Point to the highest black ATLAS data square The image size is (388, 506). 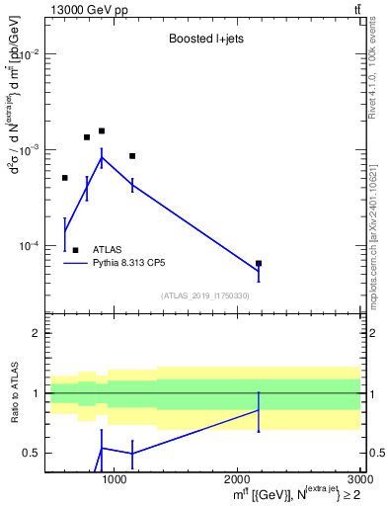pos(102,130)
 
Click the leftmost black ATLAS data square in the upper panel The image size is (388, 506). pos(65,178)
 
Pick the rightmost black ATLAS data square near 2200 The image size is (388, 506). pos(259,264)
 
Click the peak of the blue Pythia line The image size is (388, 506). pos(102,157)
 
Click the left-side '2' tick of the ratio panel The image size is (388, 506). pos(35,334)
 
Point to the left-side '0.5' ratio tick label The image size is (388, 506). pos(31,453)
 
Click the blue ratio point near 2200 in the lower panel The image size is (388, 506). pos(259,409)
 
